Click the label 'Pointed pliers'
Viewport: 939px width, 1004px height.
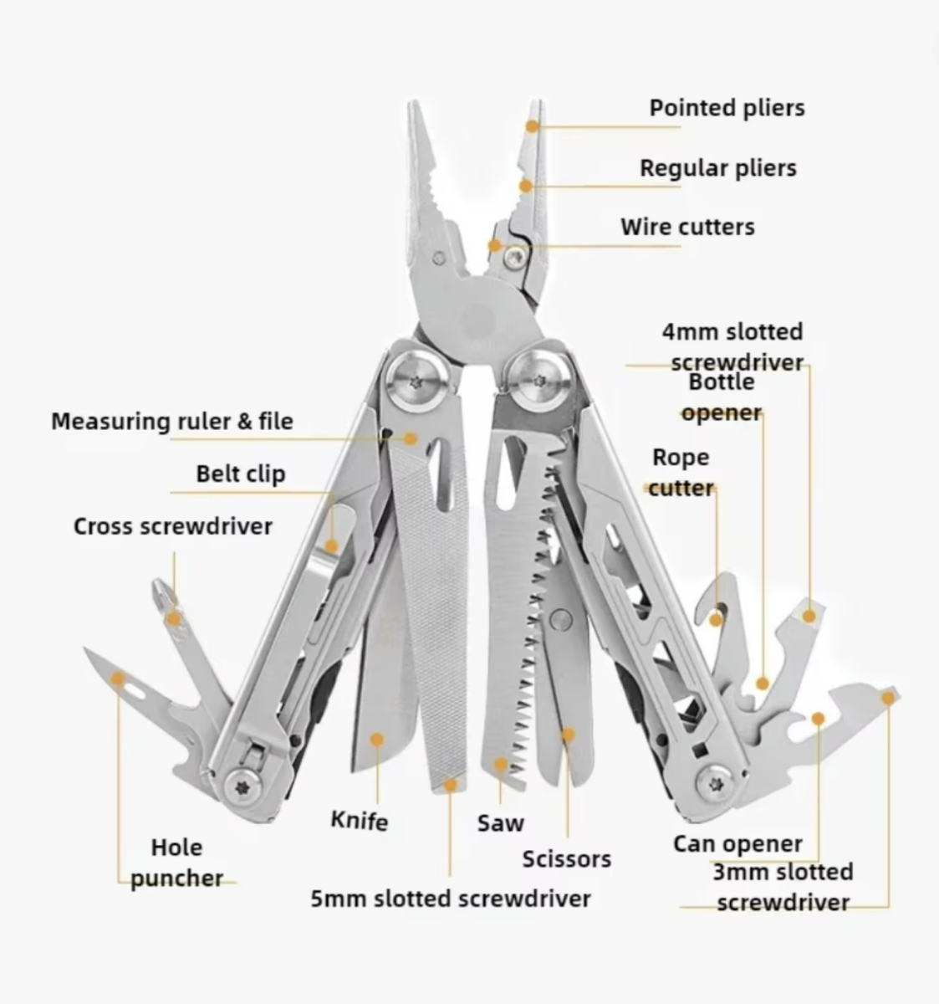pos(727,108)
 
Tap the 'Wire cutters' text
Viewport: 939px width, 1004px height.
pos(687,227)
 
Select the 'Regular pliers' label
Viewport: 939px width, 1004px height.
pos(717,168)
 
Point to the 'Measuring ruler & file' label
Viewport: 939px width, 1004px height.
pos(172,421)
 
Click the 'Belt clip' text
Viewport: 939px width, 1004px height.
pos(241,474)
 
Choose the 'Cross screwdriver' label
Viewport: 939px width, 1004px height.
pos(173,526)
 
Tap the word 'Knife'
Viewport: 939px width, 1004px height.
pos(360,820)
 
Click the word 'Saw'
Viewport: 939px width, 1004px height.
pos(501,822)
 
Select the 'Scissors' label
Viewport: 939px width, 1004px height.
pos(567,859)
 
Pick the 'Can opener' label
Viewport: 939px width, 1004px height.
pos(737,844)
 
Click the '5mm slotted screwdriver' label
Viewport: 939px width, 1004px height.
pos(451,899)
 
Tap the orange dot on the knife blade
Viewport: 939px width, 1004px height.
pos(377,740)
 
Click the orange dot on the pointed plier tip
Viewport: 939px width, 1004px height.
pos(533,125)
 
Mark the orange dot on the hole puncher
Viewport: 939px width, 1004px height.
pos(119,679)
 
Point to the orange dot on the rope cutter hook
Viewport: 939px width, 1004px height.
pos(716,619)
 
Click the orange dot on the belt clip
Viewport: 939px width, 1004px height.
pos(331,546)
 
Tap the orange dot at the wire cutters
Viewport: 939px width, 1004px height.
pos(495,246)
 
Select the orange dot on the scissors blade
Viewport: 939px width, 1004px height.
pos(568,735)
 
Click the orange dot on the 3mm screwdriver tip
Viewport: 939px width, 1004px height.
pos(888,695)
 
